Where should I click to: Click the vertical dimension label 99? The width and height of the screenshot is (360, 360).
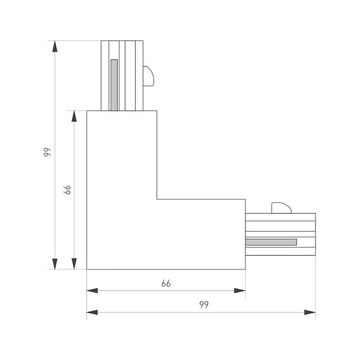tap(47, 152)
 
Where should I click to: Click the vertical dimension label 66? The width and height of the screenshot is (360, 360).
tap(67, 190)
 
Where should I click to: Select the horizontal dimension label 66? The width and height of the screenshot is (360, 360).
tap(166, 284)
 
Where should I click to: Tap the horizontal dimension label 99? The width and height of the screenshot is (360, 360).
tap(204, 305)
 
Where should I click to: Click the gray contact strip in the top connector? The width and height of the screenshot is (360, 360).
tap(114, 85)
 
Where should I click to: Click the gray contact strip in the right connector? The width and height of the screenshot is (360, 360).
tap(271, 242)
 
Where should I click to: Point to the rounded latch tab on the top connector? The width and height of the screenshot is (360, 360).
tap(148, 76)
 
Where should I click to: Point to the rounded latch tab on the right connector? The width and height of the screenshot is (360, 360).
tap(281, 208)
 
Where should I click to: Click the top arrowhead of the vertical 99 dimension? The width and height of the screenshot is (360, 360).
tap(55, 46)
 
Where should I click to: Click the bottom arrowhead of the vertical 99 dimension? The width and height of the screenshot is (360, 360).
tap(55, 264)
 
